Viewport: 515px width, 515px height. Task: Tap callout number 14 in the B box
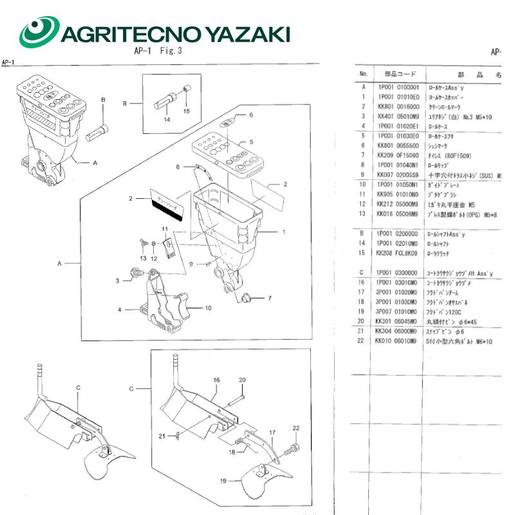(x=166, y=120)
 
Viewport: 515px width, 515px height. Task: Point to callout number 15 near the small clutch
(x=187, y=111)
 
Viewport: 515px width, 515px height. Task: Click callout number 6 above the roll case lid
(x=252, y=115)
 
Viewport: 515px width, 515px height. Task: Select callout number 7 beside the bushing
(x=270, y=298)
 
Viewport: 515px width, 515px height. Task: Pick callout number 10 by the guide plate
(x=208, y=308)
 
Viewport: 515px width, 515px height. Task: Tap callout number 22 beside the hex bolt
(x=297, y=428)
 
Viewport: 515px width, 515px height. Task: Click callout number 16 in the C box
(x=217, y=380)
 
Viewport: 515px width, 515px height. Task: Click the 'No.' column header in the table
(x=363, y=74)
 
